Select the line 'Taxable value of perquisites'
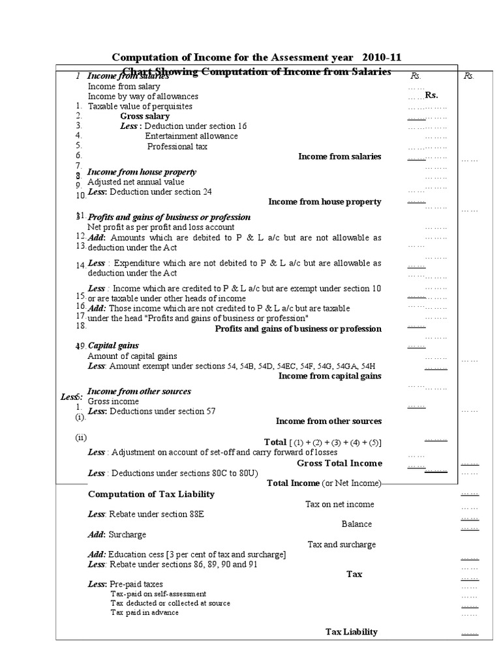click(x=140, y=106)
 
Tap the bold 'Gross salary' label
click(x=145, y=116)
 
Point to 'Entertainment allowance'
click(x=191, y=136)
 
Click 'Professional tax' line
click(x=177, y=147)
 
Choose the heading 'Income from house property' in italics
click(x=142, y=172)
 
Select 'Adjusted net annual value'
click(x=136, y=182)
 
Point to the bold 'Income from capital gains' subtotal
click(x=329, y=376)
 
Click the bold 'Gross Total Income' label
click(x=339, y=463)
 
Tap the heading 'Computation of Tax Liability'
click(x=151, y=494)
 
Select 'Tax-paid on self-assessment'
click(x=159, y=594)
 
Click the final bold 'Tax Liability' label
click(x=351, y=632)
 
